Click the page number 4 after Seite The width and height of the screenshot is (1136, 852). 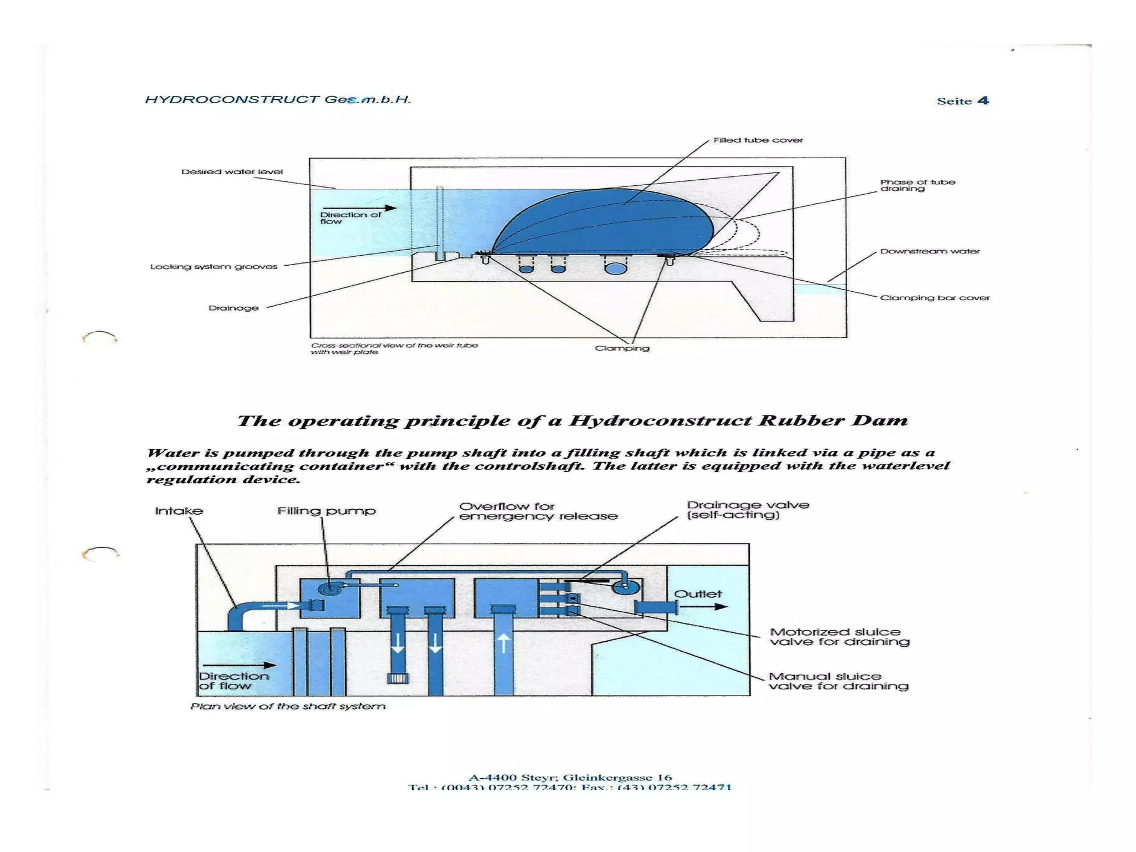tap(983, 100)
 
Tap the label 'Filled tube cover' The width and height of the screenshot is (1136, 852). tap(758, 140)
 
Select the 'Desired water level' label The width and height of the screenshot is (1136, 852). tap(232, 172)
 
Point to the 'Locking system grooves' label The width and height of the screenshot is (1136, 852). tap(214, 267)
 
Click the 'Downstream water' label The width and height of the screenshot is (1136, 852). tap(930, 251)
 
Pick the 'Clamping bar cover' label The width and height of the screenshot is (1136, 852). tap(935, 298)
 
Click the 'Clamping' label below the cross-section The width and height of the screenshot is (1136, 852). tap(622, 348)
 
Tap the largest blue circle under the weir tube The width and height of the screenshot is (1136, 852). tap(615, 268)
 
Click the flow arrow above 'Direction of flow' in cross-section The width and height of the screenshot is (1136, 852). tap(368, 208)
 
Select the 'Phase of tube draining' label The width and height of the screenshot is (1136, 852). tap(917, 185)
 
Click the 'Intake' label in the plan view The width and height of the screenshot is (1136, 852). tap(179, 511)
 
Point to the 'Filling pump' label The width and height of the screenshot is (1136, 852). tap(326, 511)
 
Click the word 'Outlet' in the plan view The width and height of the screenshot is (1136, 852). tap(698, 594)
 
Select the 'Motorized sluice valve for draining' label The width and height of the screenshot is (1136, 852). tap(839, 637)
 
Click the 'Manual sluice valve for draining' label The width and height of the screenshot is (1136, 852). tap(838, 681)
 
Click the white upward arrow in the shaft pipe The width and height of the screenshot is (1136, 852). tap(503, 643)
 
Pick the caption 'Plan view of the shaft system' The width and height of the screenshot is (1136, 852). tap(287, 706)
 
